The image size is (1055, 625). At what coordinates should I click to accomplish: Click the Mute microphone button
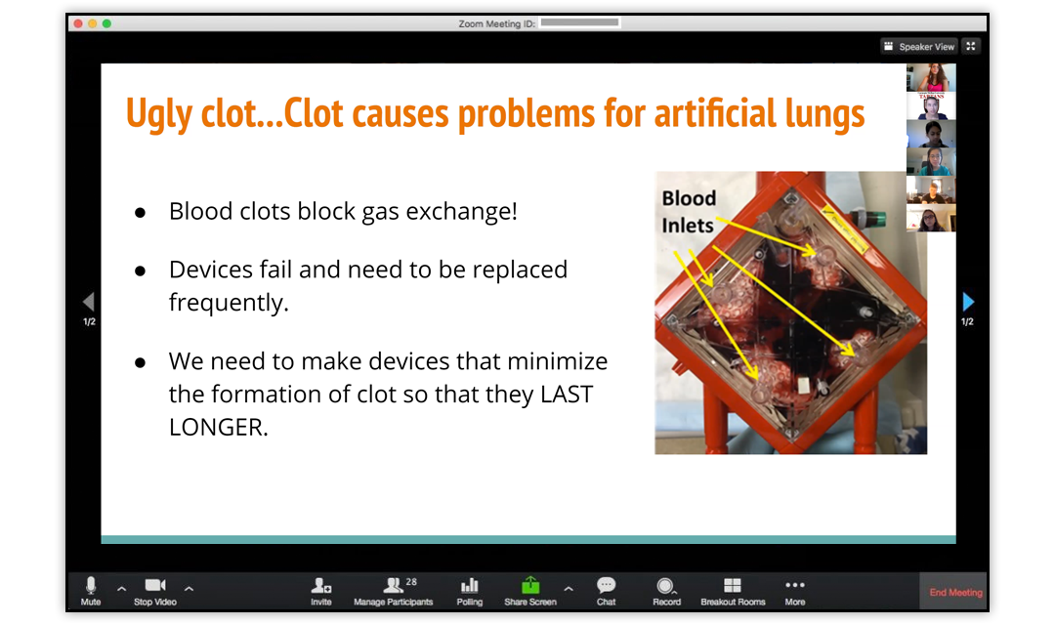[91, 592]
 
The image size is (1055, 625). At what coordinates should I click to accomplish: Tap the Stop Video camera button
[155, 592]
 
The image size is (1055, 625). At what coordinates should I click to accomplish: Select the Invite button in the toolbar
[321, 592]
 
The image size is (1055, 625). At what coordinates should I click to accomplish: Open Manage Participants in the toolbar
[394, 592]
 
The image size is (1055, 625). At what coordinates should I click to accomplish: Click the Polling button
[470, 592]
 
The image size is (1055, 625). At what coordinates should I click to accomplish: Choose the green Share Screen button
[530, 592]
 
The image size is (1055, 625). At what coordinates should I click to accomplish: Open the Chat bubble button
[607, 592]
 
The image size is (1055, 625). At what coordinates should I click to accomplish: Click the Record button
[666, 592]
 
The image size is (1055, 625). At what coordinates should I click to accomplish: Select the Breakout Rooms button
[733, 592]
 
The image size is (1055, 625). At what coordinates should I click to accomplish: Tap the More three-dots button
[794, 592]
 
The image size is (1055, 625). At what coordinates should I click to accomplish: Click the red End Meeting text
[955, 592]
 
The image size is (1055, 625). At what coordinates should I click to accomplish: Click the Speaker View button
[919, 47]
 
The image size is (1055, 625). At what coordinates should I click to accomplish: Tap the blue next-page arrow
[968, 301]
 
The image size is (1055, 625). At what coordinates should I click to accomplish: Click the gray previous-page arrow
[88, 301]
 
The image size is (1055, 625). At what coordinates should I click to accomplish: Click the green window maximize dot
[106, 23]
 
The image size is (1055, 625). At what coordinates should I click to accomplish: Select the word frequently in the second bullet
[229, 303]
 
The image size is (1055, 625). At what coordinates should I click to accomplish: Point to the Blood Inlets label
[689, 212]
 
